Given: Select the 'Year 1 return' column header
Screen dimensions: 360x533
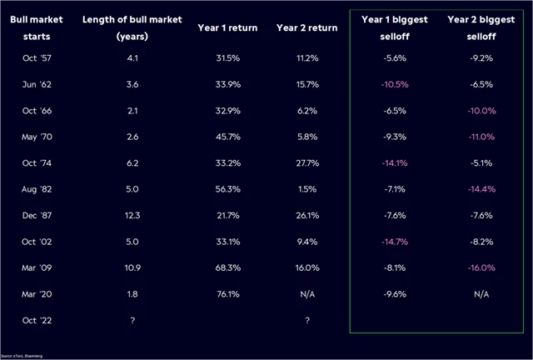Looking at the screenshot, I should (x=227, y=27).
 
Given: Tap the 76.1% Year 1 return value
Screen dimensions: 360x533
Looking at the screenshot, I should (x=227, y=294).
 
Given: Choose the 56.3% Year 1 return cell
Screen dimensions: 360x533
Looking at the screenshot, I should (x=227, y=188).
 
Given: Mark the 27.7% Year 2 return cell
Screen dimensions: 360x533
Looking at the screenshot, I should (x=307, y=162).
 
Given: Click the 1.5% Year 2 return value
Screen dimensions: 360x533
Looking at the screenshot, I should (x=307, y=188).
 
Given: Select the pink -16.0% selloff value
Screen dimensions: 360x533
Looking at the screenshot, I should (x=481, y=268).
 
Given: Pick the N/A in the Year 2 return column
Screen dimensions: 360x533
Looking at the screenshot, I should (x=307, y=294).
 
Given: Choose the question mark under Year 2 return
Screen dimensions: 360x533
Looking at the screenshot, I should (x=307, y=320).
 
